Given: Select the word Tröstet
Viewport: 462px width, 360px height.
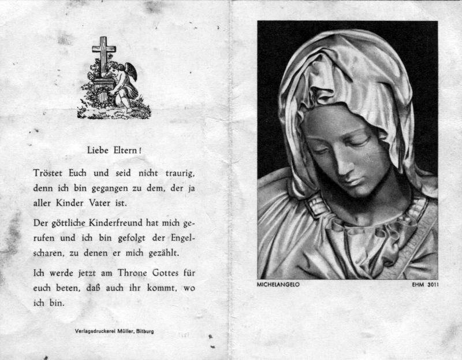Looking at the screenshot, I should pos(48,173).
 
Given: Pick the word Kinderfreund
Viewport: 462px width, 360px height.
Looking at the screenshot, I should pos(120,222).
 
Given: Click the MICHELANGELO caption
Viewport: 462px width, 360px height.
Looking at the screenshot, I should pos(279,285).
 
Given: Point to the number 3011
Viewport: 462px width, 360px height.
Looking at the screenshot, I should pos(429,285).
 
